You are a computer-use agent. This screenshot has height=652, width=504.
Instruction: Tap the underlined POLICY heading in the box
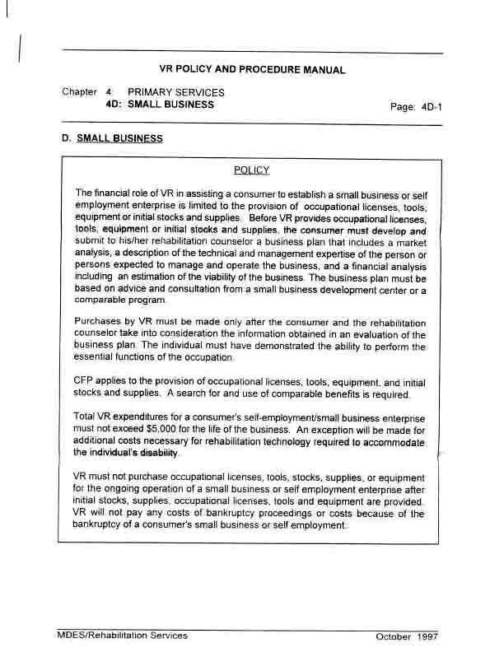pos(251,170)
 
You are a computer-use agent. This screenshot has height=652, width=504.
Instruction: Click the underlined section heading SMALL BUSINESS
pos(119,138)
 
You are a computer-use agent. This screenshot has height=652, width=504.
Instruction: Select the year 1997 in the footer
pos(427,637)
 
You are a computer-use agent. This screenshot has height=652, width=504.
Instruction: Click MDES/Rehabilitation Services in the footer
pos(123,636)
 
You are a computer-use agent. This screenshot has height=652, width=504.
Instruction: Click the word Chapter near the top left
pos(79,92)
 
